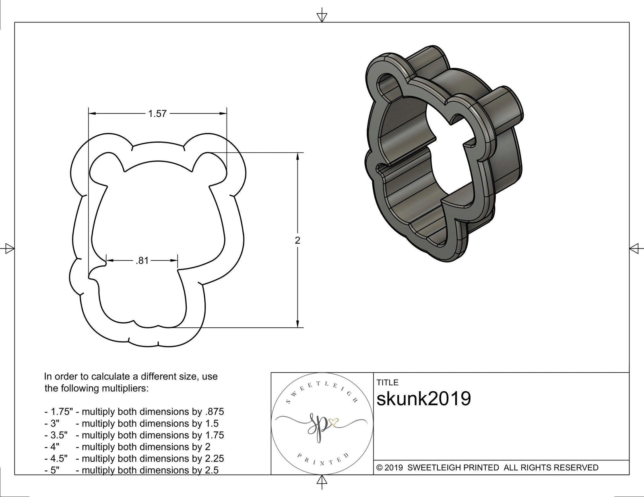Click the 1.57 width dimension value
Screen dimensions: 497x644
(x=157, y=114)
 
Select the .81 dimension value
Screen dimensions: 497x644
(x=142, y=261)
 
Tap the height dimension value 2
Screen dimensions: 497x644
(x=297, y=240)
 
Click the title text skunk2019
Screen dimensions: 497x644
(x=423, y=399)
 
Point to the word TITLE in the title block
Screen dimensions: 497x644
(x=387, y=382)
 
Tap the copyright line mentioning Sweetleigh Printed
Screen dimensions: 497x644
(x=487, y=468)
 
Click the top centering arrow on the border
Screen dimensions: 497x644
(x=322, y=16)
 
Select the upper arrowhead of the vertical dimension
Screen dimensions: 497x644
(x=297, y=157)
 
